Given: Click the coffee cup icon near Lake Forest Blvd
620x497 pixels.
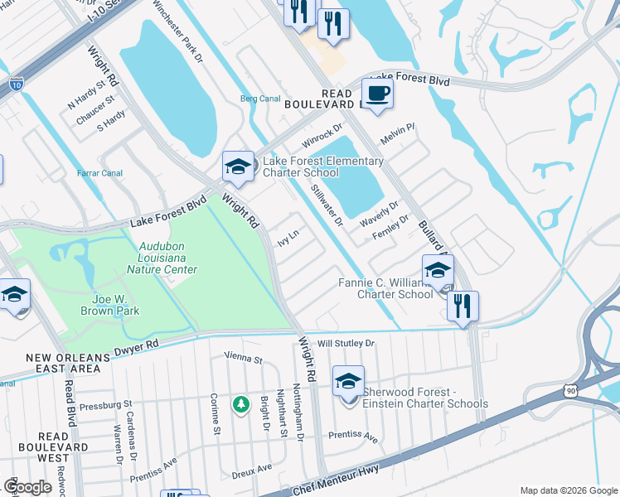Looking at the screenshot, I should tap(377, 93).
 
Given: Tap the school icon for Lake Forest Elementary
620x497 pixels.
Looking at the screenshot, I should tap(237, 166).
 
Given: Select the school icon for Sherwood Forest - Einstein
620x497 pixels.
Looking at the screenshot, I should tap(349, 381).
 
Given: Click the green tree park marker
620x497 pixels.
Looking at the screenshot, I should tap(241, 404).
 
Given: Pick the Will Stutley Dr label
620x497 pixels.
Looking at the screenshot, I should tap(346, 342).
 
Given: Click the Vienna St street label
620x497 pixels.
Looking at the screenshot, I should tap(243, 359).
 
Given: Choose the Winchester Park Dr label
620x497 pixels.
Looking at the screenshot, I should tap(176, 32).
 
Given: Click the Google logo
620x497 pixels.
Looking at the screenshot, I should tap(28, 487).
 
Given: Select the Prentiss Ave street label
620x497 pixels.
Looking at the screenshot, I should tap(352, 435).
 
